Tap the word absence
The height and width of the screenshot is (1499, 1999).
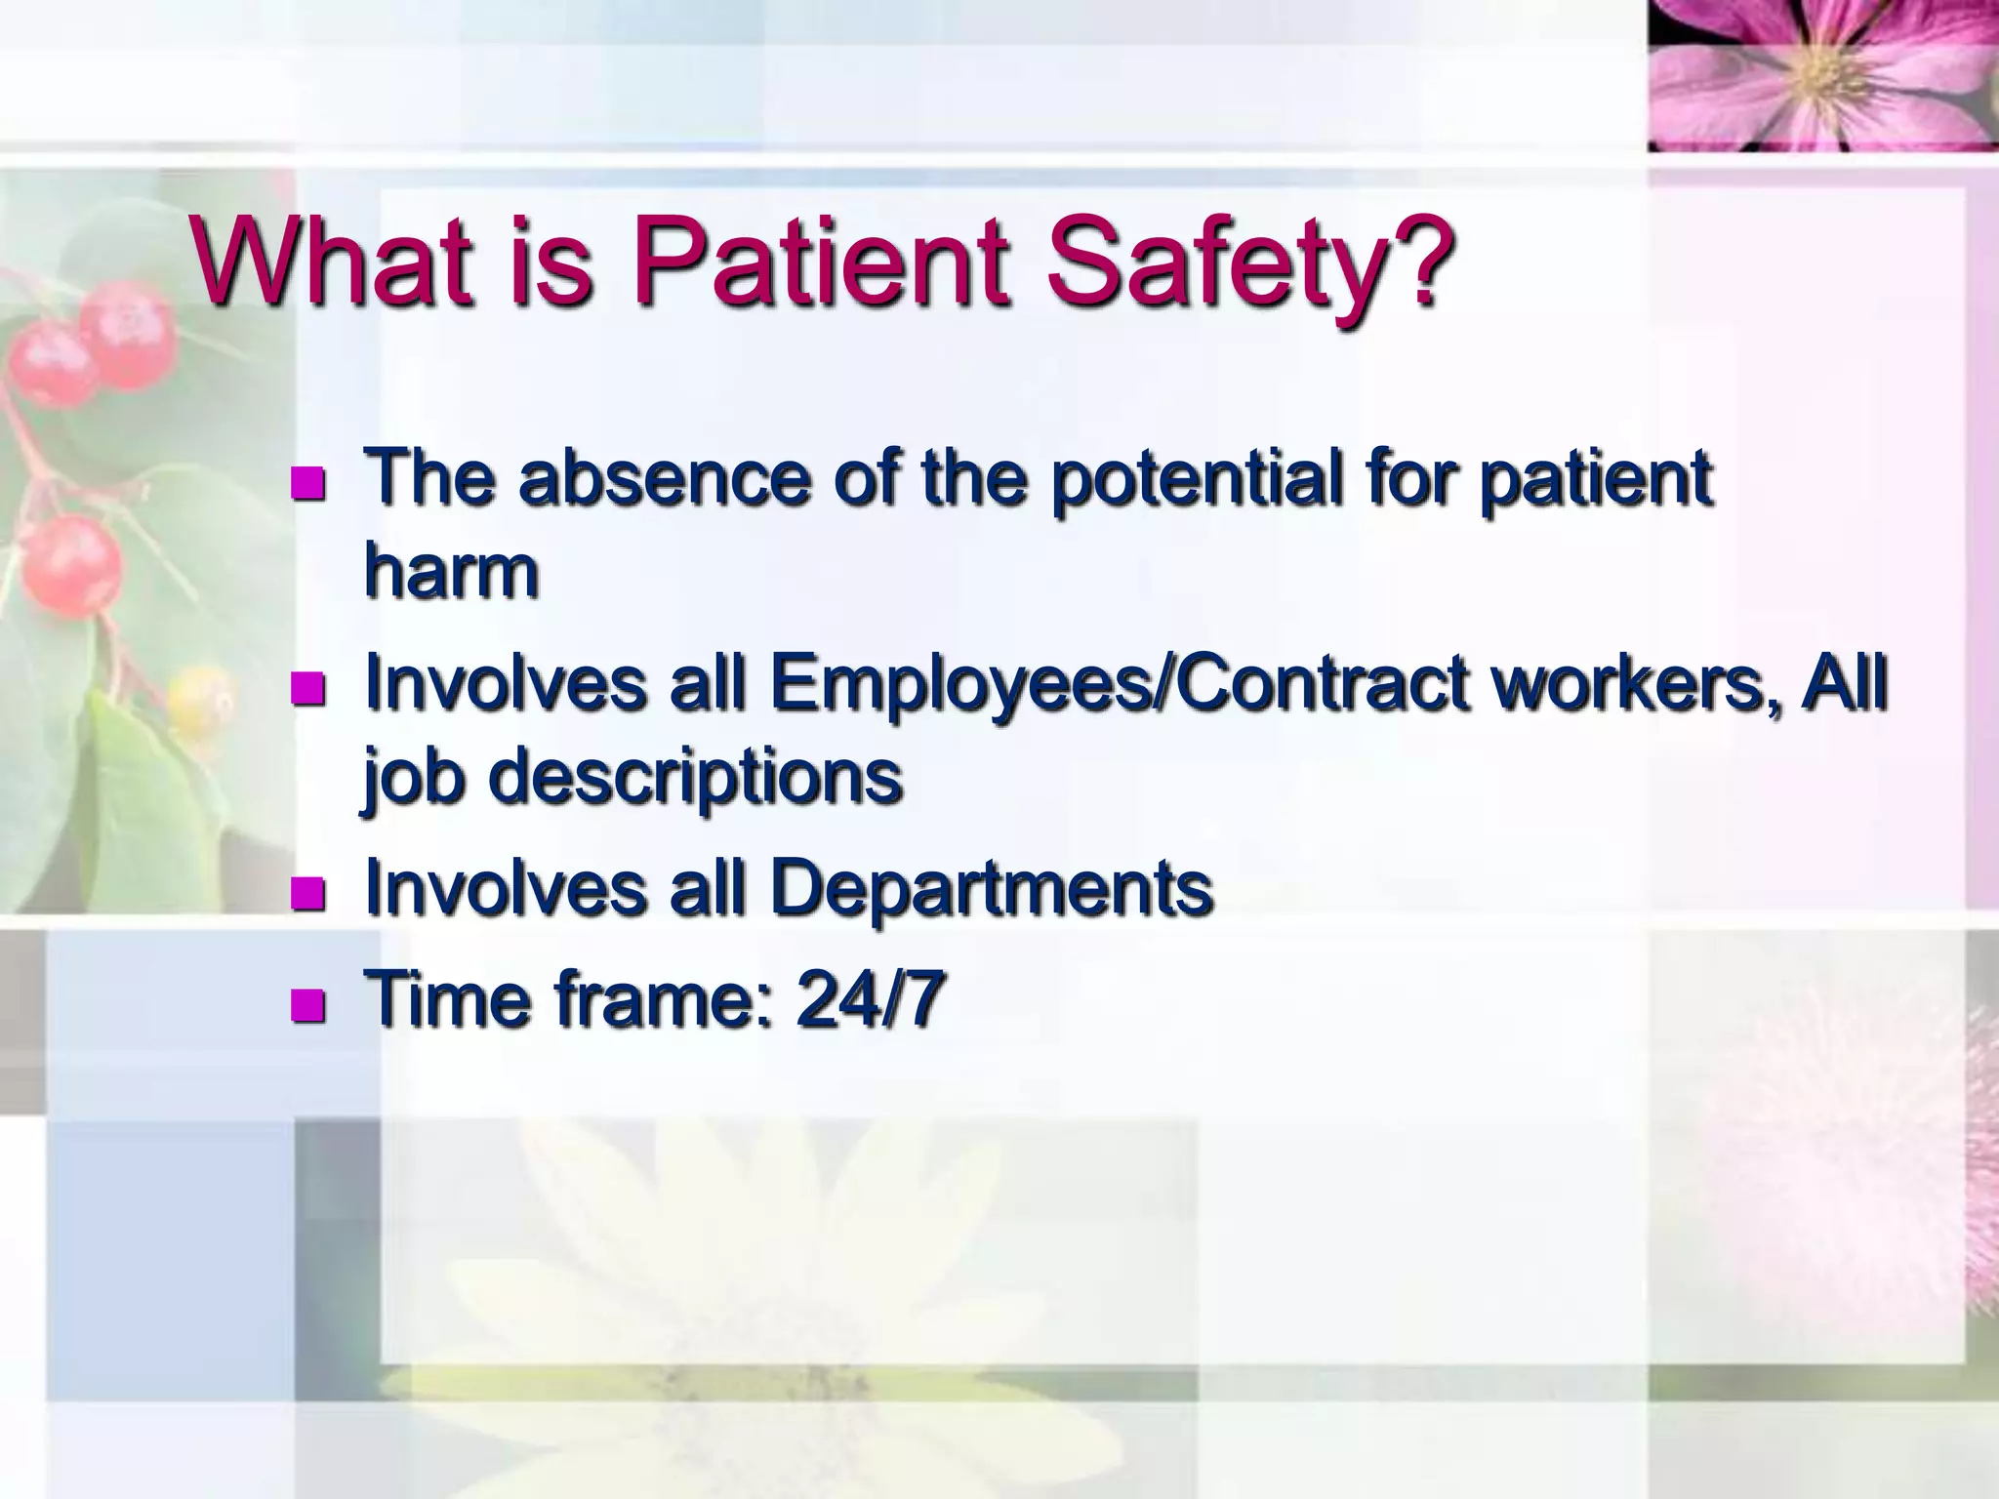click(x=664, y=478)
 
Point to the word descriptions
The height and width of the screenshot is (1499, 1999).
click(x=695, y=778)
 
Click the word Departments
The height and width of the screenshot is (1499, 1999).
click(x=992, y=888)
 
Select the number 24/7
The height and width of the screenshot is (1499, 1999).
click(x=869, y=999)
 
